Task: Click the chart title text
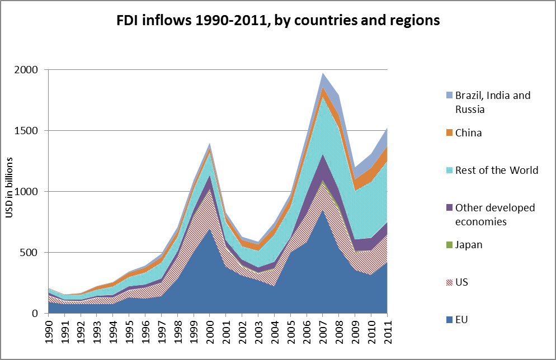point(278,21)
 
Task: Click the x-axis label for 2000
point(210,330)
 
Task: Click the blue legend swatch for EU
point(443,320)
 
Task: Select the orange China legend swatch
point(443,133)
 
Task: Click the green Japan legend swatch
point(443,245)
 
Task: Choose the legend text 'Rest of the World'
point(497,170)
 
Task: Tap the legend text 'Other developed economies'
point(494,215)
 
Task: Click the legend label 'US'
point(461,282)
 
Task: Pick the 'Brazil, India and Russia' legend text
point(492,102)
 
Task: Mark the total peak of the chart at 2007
point(322,73)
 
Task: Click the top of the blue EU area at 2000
point(210,229)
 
